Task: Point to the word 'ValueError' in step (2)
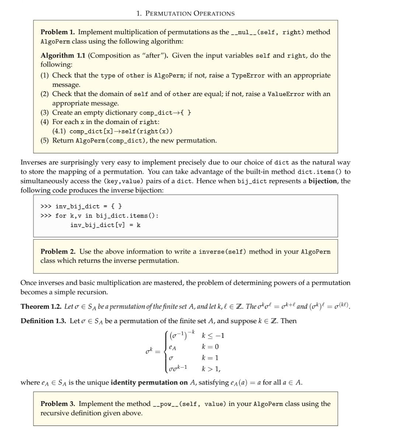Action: [x=286, y=94]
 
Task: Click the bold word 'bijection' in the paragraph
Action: [x=322, y=181]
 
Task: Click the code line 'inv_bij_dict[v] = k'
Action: [x=105, y=225]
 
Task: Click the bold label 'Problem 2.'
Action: [x=58, y=252]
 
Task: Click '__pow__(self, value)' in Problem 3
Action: [x=189, y=404]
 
